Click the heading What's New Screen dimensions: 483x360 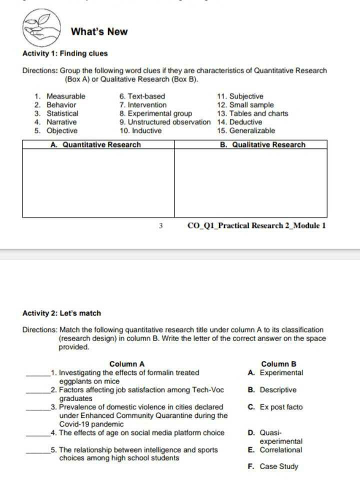click(x=99, y=32)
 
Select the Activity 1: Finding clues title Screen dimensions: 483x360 click(x=65, y=53)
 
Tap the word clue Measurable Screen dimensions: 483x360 click(x=65, y=96)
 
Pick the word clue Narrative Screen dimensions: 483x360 click(x=61, y=122)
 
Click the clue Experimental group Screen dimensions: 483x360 click(x=155, y=113)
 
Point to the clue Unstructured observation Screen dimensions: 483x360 click(x=165, y=122)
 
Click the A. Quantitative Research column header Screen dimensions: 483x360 click(x=96, y=145)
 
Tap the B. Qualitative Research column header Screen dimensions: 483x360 click(x=262, y=145)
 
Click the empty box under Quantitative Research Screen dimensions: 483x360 click(x=98, y=182)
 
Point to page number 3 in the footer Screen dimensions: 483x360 click(x=161, y=226)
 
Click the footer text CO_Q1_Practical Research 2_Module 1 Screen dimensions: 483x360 click(x=256, y=225)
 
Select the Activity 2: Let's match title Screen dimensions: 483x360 click(x=61, y=313)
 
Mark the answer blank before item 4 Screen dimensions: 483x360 click(x=38, y=433)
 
